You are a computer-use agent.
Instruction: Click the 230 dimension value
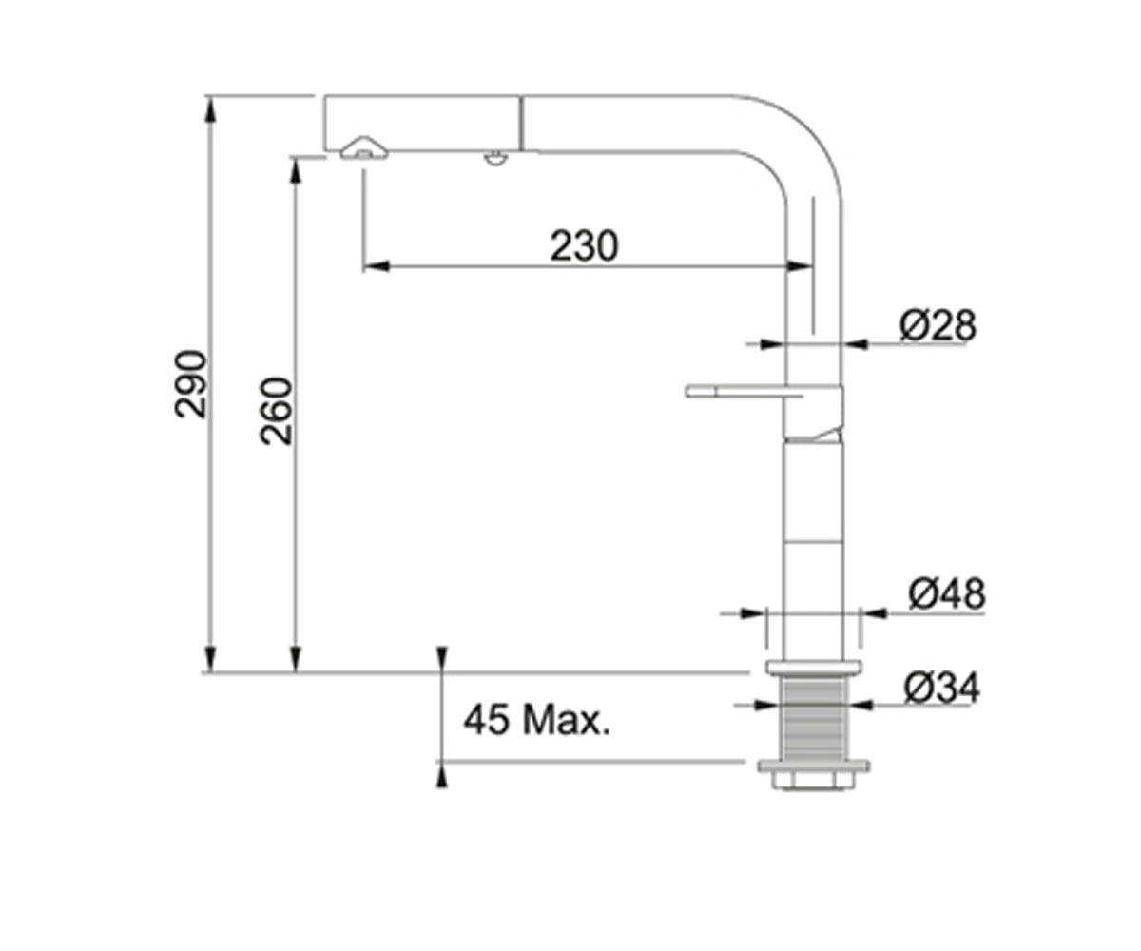584,246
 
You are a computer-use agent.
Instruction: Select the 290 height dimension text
191,384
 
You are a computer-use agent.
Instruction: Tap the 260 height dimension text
277,411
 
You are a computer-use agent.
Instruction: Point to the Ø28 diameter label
938,326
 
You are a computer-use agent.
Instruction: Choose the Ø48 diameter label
947,593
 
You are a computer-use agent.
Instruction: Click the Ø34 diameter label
942,688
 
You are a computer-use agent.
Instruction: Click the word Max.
566,719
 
